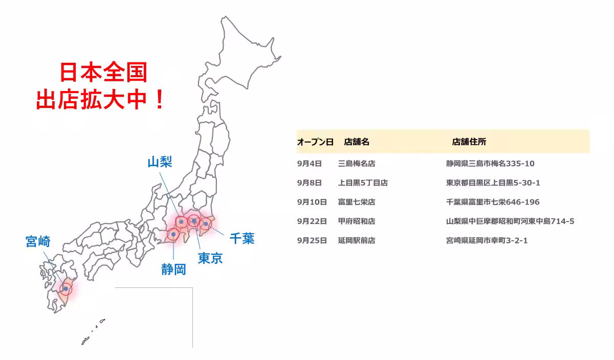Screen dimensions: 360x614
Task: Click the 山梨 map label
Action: (x=160, y=163)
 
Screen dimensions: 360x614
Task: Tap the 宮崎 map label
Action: (x=38, y=241)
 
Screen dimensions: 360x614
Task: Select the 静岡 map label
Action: (x=173, y=269)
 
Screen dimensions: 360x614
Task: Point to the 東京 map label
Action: (x=210, y=258)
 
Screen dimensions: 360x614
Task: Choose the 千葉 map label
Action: (x=242, y=238)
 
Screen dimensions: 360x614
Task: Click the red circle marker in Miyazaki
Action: (x=65, y=288)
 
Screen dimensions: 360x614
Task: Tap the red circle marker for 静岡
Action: (x=173, y=234)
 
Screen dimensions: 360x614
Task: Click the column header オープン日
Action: (x=315, y=142)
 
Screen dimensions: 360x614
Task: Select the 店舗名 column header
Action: (x=357, y=142)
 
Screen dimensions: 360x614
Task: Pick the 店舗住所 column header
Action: (x=469, y=142)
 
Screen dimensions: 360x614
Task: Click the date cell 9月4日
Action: (x=309, y=164)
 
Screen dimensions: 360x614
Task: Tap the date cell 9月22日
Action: (x=312, y=221)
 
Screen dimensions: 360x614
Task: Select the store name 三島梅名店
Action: (x=357, y=164)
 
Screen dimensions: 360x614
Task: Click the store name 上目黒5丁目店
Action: (x=363, y=183)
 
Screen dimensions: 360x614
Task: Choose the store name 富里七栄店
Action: (x=357, y=202)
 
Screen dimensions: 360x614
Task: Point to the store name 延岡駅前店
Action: (x=357, y=240)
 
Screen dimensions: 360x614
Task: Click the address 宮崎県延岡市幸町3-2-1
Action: (x=487, y=240)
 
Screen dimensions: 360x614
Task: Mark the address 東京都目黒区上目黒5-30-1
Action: (x=493, y=183)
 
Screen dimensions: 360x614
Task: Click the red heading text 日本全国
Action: (x=103, y=73)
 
